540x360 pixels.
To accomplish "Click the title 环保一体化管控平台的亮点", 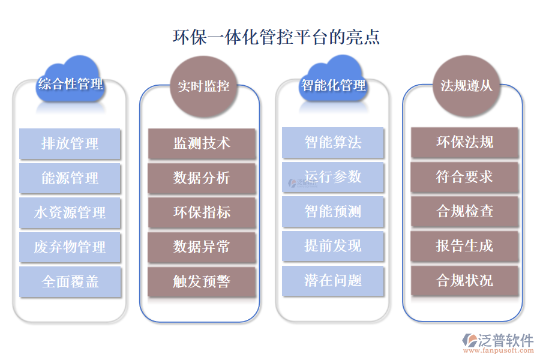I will tap(276, 37).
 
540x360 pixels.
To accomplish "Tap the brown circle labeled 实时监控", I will tap(203, 86).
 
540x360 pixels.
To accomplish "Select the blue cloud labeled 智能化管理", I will tap(333, 84).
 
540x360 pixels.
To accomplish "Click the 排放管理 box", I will tap(70, 144).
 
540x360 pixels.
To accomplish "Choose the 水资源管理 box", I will tap(70, 212).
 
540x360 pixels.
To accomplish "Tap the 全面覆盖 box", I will tap(70, 281).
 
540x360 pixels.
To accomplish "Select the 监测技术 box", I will tap(202, 143).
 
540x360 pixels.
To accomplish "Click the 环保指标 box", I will tap(202, 212).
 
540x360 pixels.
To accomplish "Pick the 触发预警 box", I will tap(202, 281).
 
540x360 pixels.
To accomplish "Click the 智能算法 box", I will tap(333, 143).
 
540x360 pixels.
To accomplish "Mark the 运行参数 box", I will tap(333, 177).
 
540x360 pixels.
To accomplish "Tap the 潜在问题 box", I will tap(333, 280).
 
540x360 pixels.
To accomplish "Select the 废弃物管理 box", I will tap(70, 247).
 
